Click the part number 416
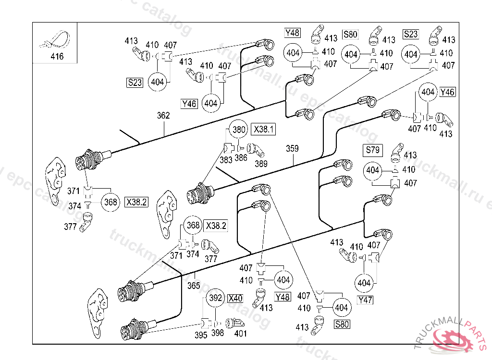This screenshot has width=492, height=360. coord(57,57)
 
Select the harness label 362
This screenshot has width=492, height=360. coord(163,116)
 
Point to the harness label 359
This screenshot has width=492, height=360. coord(292,149)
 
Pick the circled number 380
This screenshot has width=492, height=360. coord(239,129)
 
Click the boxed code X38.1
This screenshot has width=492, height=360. coord(264,129)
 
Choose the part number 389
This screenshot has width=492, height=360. coord(261,163)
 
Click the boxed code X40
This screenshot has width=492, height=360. coord(235,298)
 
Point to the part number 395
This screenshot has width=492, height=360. coord(201,335)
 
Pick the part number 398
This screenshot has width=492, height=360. coord(218,333)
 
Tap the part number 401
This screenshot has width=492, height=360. coord(240,333)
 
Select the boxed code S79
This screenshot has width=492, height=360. coord(373,150)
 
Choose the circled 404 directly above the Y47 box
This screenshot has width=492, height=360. coord(365,283)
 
